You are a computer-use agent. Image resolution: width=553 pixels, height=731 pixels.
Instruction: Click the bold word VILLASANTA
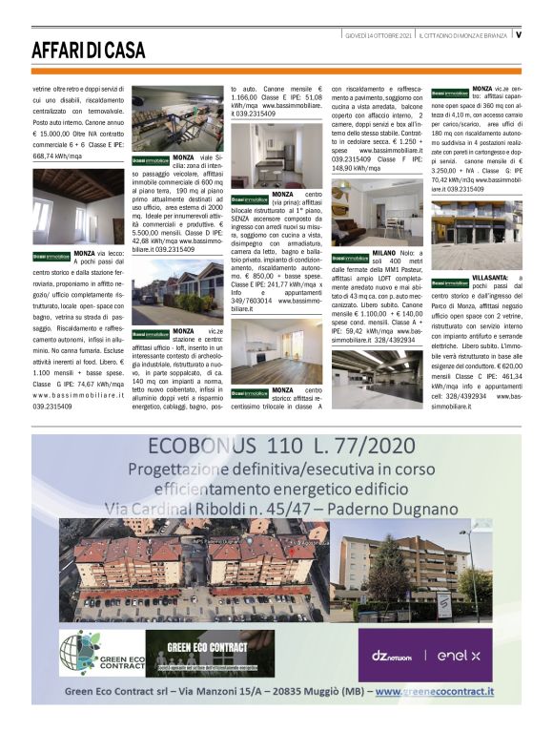[x=490, y=277]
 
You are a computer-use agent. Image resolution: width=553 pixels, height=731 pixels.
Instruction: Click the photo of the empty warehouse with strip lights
[x=375, y=379]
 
